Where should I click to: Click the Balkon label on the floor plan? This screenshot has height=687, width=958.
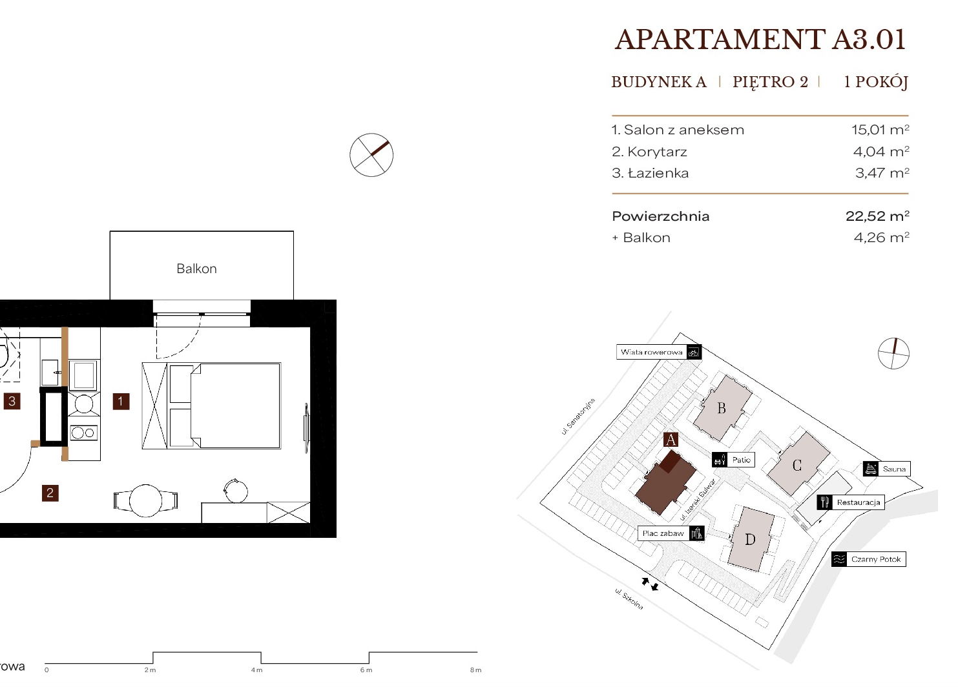[197, 269]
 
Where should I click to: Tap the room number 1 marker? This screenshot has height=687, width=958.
[121, 402]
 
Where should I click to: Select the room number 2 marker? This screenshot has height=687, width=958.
[50, 493]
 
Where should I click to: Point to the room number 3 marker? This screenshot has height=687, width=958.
[12, 402]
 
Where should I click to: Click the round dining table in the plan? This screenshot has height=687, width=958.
[146, 500]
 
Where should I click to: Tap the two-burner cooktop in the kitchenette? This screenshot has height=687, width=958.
[84, 433]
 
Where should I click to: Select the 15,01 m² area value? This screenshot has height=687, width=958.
[880, 130]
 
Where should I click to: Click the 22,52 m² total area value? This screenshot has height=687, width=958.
[878, 216]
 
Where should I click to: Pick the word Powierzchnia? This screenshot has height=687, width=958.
[661, 216]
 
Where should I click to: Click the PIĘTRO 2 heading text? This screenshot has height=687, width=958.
[770, 82]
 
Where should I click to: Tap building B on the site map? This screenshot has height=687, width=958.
[722, 408]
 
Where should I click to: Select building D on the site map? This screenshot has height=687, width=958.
[751, 539]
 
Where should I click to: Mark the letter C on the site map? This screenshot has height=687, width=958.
[797, 465]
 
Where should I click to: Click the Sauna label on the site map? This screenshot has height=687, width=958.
[894, 469]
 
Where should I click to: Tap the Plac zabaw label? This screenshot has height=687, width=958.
[663, 533]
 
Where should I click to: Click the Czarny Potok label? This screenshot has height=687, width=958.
[876, 559]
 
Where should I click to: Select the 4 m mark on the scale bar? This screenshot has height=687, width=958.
[256, 670]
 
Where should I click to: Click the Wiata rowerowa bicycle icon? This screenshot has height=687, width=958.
[694, 353]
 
